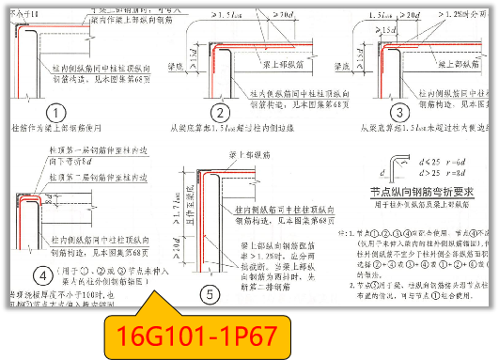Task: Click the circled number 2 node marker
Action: pos(218,113)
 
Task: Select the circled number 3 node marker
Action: pos(400,112)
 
